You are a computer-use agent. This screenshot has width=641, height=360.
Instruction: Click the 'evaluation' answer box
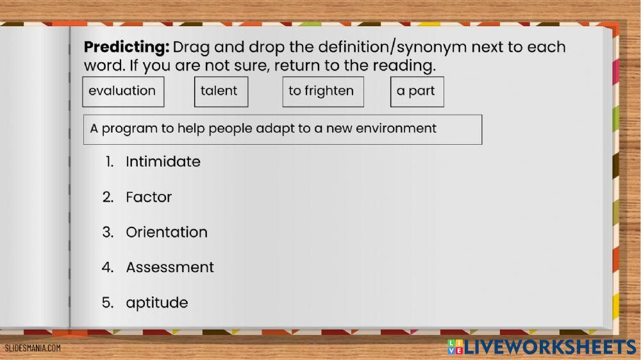click(x=122, y=92)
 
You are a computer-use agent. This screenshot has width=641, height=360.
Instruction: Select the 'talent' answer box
click(x=221, y=92)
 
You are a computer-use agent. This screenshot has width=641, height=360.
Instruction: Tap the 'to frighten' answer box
click(x=322, y=92)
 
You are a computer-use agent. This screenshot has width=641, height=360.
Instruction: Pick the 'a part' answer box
click(x=417, y=92)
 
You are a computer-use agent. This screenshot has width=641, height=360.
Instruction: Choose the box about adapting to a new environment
click(x=283, y=129)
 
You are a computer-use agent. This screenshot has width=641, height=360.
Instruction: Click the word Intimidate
click(x=163, y=162)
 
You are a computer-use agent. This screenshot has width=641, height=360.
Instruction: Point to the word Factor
click(x=149, y=197)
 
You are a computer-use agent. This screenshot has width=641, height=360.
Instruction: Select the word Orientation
click(x=167, y=233)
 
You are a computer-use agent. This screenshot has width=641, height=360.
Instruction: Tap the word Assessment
click(x=170, y=267)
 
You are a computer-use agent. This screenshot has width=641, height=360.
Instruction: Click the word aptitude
click(x=157, y=302)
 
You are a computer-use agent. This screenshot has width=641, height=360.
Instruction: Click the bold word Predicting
click(x=127, y=47)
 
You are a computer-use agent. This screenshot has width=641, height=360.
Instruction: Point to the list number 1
click(x=110, y=162)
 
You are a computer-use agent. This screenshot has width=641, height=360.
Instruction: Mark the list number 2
click(x=108, y=197)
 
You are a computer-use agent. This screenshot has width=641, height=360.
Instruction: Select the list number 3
click(x=108, y=233)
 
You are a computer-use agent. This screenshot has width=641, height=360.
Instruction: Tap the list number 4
click(x=108, y=267)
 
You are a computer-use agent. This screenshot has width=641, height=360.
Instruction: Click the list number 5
click(x=108, y=302)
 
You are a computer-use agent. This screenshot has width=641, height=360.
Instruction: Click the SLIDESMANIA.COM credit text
click(x=33, y=348)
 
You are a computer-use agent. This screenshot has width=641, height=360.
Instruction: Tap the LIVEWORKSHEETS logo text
click(x=550, y=347)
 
